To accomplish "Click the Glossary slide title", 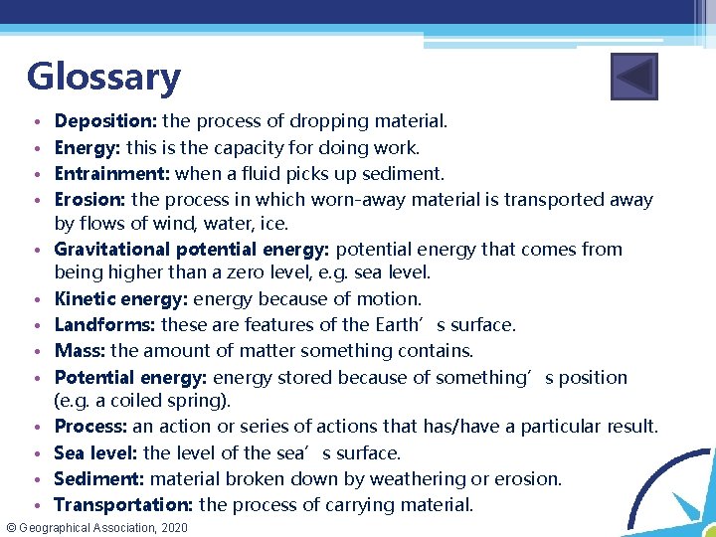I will (103, 77).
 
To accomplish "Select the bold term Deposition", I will (105, 121).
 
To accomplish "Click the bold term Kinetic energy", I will (120, 298).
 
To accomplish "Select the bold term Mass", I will (80, 350).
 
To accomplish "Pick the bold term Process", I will (90, 427).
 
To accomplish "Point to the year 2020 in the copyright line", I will (172, 527).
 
